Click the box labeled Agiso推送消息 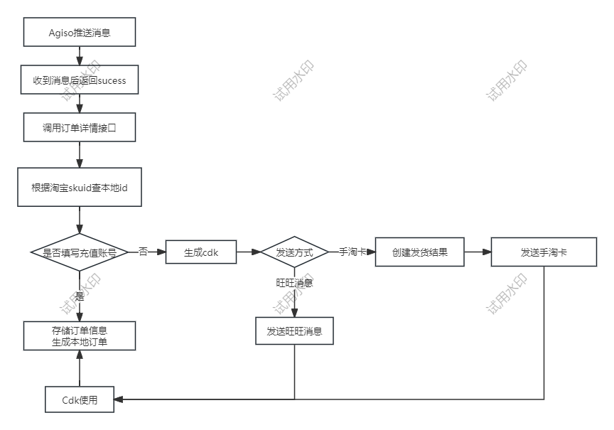79,33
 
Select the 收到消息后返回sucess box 79,80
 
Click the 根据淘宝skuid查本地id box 79,188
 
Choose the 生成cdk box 201,252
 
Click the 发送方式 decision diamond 294,252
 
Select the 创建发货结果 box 420,252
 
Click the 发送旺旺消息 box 294,330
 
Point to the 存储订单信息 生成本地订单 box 79,336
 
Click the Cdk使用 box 79,399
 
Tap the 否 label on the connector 143,252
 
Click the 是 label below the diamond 79,296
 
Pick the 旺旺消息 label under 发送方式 294,283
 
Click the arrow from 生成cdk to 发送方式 248,252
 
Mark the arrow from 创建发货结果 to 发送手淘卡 478,252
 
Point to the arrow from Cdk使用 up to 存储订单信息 79,368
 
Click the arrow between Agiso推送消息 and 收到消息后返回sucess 79,56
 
